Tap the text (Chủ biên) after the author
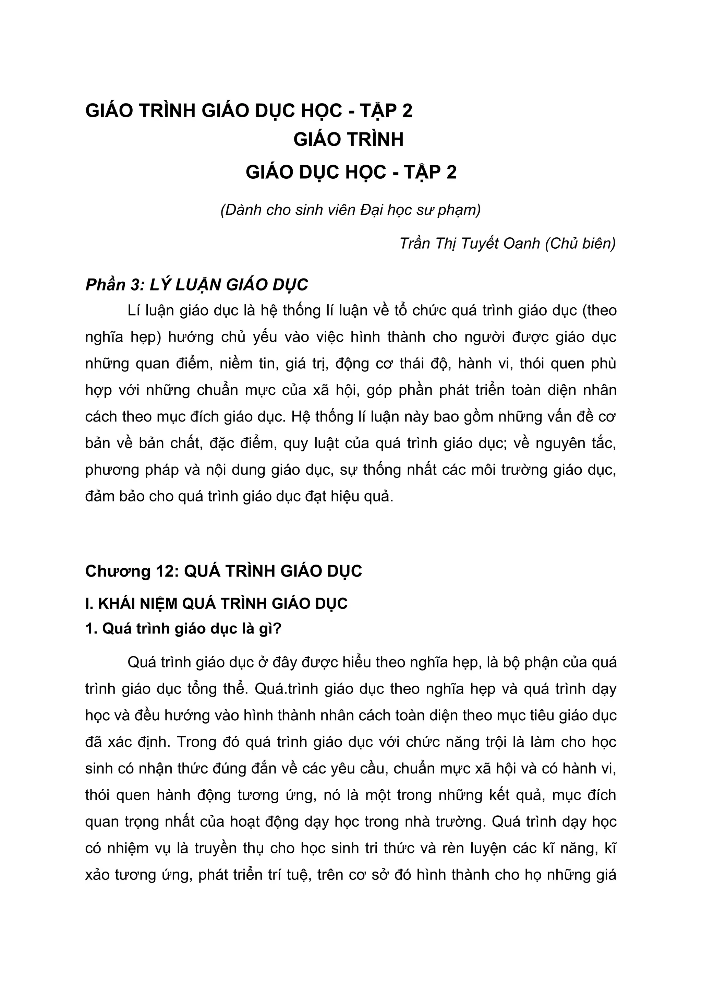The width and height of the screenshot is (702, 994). (x=580, y=244)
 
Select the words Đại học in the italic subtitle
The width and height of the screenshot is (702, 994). (x=388, y=210)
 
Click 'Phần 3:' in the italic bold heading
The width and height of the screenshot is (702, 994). (x=114, y=285)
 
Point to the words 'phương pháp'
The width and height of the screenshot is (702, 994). (x=132, y=470)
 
